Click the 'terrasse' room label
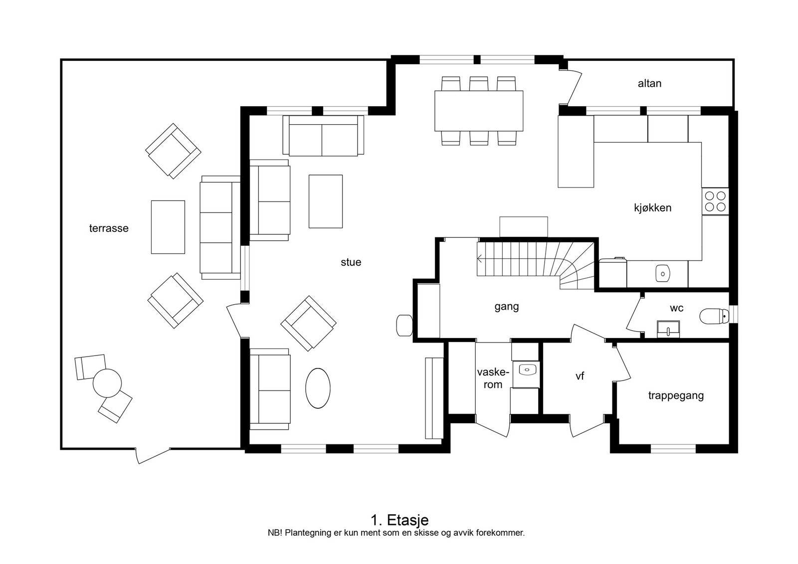click(x=109, y=228)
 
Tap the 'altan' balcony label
click(x=649, y=83)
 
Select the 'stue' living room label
click(x=351, y=262)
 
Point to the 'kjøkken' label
click(x=653, y=208)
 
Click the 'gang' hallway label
click(x=507, y=307)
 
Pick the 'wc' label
click(x=676, y=308)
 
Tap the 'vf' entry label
click(x=580, y=376)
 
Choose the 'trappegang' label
click(x=676, y=396)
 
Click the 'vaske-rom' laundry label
click(x=493, y=378)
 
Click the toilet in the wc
click(x=714, y=316)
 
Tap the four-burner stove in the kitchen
click(x=715, y=201)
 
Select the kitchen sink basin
click(x=663, y=274)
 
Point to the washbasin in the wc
click(x=668, y=329)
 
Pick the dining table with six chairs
click(x=479, y=111)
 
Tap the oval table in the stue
click(x=318, y=388)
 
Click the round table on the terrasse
click(x=107, y=383)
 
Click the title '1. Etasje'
click(x=399, y=520)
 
